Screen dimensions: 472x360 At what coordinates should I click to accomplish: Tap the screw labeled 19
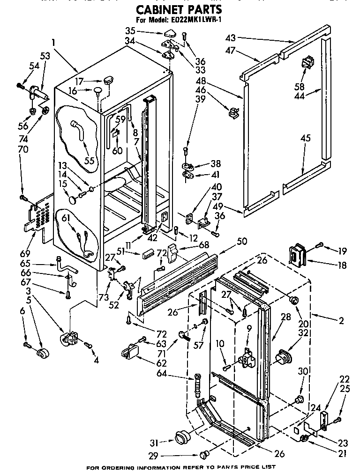319,244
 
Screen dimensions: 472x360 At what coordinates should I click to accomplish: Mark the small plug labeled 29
204,454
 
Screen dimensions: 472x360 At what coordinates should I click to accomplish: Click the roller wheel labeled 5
44,354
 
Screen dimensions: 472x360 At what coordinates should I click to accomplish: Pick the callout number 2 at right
341,321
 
